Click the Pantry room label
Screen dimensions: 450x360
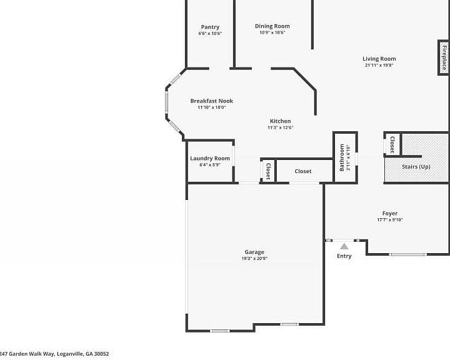click(210, 27)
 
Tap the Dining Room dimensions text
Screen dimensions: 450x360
click(272, 32)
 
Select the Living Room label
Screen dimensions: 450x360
click(379, 59)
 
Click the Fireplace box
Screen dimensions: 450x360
click(444, 57)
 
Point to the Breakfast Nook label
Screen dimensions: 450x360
click(211, 101)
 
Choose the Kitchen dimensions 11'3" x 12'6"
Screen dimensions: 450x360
click(281, 127)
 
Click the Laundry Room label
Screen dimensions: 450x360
click(210, 159)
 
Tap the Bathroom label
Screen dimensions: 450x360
click(342, 157)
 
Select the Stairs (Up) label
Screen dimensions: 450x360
click(416, 167)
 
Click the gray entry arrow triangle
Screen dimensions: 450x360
click(344, 246)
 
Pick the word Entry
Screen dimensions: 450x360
click(344, 256)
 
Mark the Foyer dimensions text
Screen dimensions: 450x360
click(390, 220)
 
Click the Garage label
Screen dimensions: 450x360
click(254, 252)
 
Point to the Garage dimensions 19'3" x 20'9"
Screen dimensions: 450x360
click(254, 258)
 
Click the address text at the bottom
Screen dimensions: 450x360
click(54, 354)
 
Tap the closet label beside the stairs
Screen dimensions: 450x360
click(392, 144)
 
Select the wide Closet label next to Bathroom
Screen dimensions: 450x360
click(302, 171)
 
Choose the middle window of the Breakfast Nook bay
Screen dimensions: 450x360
click(166, 101)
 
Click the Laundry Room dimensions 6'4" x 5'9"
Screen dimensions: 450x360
click(210, 165)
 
